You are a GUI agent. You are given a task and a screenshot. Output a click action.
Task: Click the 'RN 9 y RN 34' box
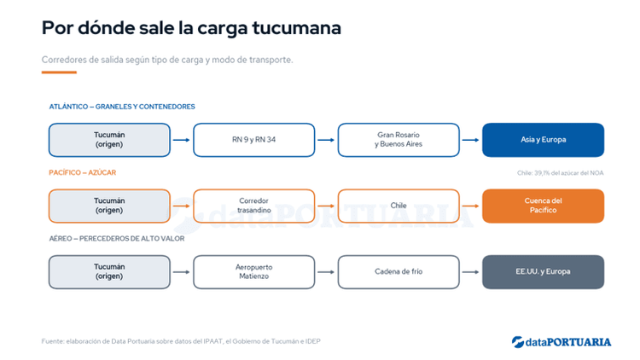pyautogui.click(x=254, y=140)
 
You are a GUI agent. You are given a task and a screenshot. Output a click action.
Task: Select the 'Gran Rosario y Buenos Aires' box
pyautogui.click(x=399, y=140)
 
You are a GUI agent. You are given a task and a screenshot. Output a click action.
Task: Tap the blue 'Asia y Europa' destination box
pyautogui.click(x=543, y=140)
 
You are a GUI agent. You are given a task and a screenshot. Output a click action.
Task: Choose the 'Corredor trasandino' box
pyautogui.click(x=254, y=206)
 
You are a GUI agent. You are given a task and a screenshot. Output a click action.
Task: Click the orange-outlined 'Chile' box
pyautogui.click(x=399, y=206)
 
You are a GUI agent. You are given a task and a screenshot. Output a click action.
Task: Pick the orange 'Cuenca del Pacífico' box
pyautogui.click(x=543, y=206)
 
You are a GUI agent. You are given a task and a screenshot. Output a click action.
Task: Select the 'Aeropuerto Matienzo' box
pyautogui.click(x=254, y=272)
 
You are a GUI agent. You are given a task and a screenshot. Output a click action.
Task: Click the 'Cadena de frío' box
pyautogui.click(x=399, y=272)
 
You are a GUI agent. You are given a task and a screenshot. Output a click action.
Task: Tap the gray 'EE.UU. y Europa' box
pyautogui.click(x=543, y=272)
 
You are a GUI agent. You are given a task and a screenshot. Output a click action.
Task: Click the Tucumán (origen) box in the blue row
pyautogui.click(x=109, y=140)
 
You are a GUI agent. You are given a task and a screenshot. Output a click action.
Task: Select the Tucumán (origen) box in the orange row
pyautogui.click(x=109, y=206)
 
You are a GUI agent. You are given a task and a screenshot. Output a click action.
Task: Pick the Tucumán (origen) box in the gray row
pyautogui.click(x=109, y=272)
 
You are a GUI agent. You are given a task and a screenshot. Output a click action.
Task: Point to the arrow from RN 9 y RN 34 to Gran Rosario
pyautogui.click(x=326, y=140)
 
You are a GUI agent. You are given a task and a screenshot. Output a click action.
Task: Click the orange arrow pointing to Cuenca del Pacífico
pyautogui.click(x=470, y=206)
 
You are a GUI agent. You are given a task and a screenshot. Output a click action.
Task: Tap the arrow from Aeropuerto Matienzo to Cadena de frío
pyautogui.click(x=326, y=272)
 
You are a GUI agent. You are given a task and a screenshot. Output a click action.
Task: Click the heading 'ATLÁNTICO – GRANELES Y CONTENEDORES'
pyautogui.click(x=122, y=107)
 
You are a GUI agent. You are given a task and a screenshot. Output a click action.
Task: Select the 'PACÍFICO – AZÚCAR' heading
pyautogui.click(x=83, y=172)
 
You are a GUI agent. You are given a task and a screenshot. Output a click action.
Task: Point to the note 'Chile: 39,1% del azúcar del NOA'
pyautogui.click(x=560, y=173)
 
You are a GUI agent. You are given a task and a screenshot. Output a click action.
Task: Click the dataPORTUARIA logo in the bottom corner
pyautogui.click(x=561, y=342)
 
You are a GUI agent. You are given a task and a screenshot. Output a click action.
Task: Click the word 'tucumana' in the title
pyautogui.click(x=296, y=28)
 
